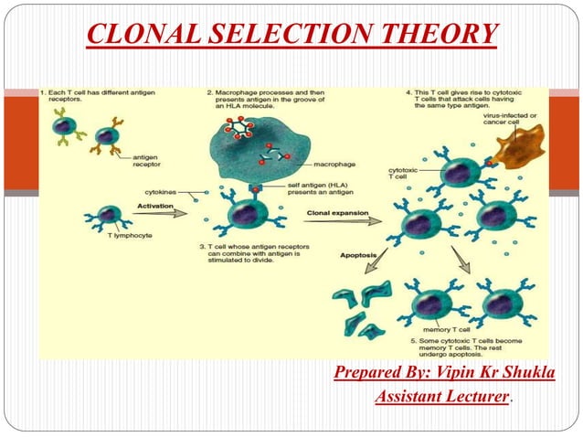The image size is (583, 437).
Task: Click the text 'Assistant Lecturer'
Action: [440, 397]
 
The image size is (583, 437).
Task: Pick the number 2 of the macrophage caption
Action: [209, 92]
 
